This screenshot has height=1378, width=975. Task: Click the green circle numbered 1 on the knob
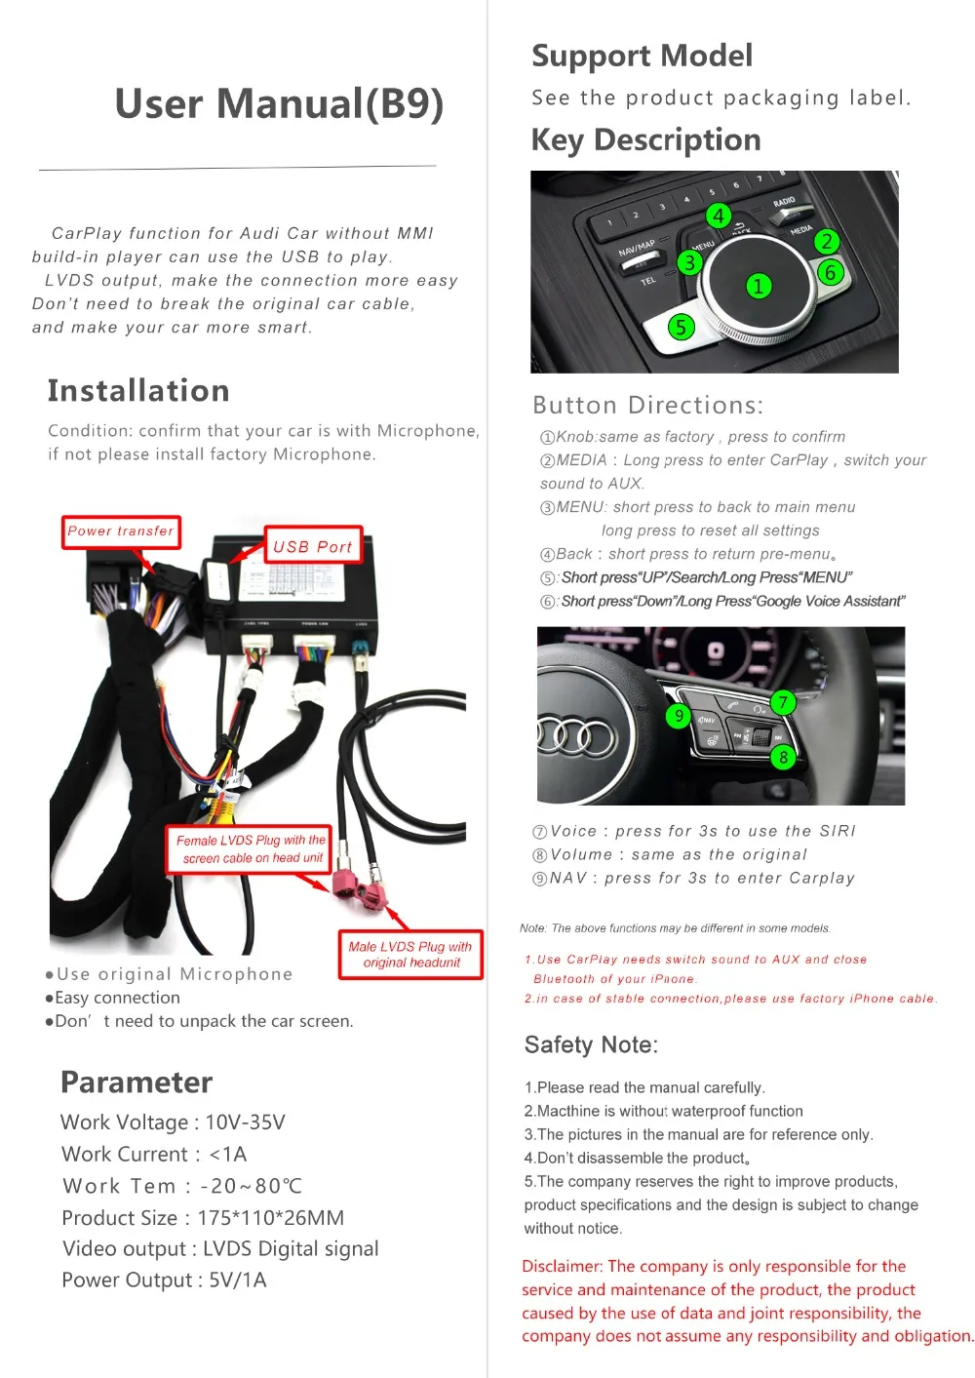(x=758, y=286)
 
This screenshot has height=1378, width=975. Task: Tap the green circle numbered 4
(x=718, y=216)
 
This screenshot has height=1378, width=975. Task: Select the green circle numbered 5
(x=681, y=327)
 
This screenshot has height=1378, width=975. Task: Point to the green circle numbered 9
(x=679, y=716)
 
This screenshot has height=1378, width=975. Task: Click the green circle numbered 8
(x=783, y=757)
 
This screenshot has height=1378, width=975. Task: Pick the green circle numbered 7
(x=782, y=701)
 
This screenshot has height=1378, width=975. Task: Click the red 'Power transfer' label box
(x=121, y=532)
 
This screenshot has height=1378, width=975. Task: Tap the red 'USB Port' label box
(x=312, y=547)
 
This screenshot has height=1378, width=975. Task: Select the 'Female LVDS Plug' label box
(x=251, y=848)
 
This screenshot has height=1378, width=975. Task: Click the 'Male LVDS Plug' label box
(x=410, y=954)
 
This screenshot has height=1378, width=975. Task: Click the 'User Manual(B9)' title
(x=279, y=103)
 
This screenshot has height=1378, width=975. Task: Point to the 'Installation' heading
(x=138, y=390)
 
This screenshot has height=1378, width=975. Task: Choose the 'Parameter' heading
(x=136, y=1082)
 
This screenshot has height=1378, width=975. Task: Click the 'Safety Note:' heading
(x=591, y=1044)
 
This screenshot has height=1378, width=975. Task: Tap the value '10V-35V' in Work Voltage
(x=245, y=1122)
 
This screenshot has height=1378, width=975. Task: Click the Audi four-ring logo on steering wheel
(x=577, y=736)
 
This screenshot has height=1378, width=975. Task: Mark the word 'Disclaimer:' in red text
(x=563, y=1266)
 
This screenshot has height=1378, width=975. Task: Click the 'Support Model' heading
(x=642, y=56)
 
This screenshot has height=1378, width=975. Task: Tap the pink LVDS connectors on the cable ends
(x=358, y=886)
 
